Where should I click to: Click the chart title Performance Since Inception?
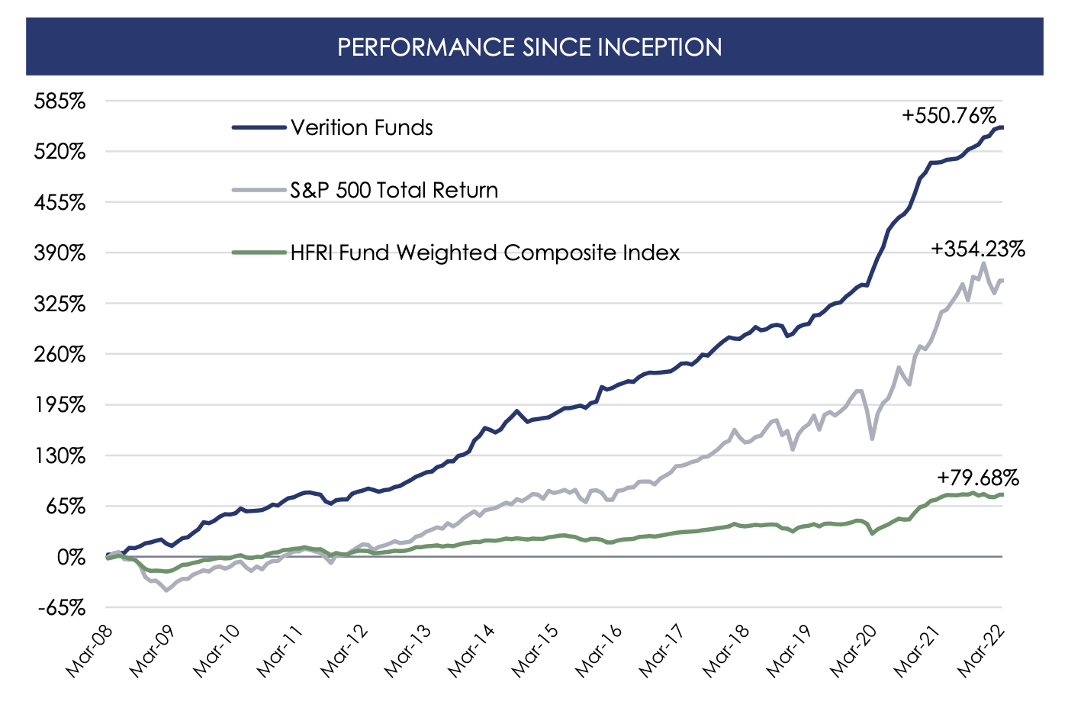529,47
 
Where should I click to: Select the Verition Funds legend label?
362,127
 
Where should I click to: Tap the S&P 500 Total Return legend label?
394,190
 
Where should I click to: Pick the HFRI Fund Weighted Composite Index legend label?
484,253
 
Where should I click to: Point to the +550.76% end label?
948,116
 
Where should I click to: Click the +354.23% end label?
977,249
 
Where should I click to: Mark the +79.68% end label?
977,478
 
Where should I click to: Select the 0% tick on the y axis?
72,558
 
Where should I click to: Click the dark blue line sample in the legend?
259,127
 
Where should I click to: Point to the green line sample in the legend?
259,253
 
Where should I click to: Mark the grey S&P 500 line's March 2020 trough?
872,439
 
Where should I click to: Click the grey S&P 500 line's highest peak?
984,263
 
